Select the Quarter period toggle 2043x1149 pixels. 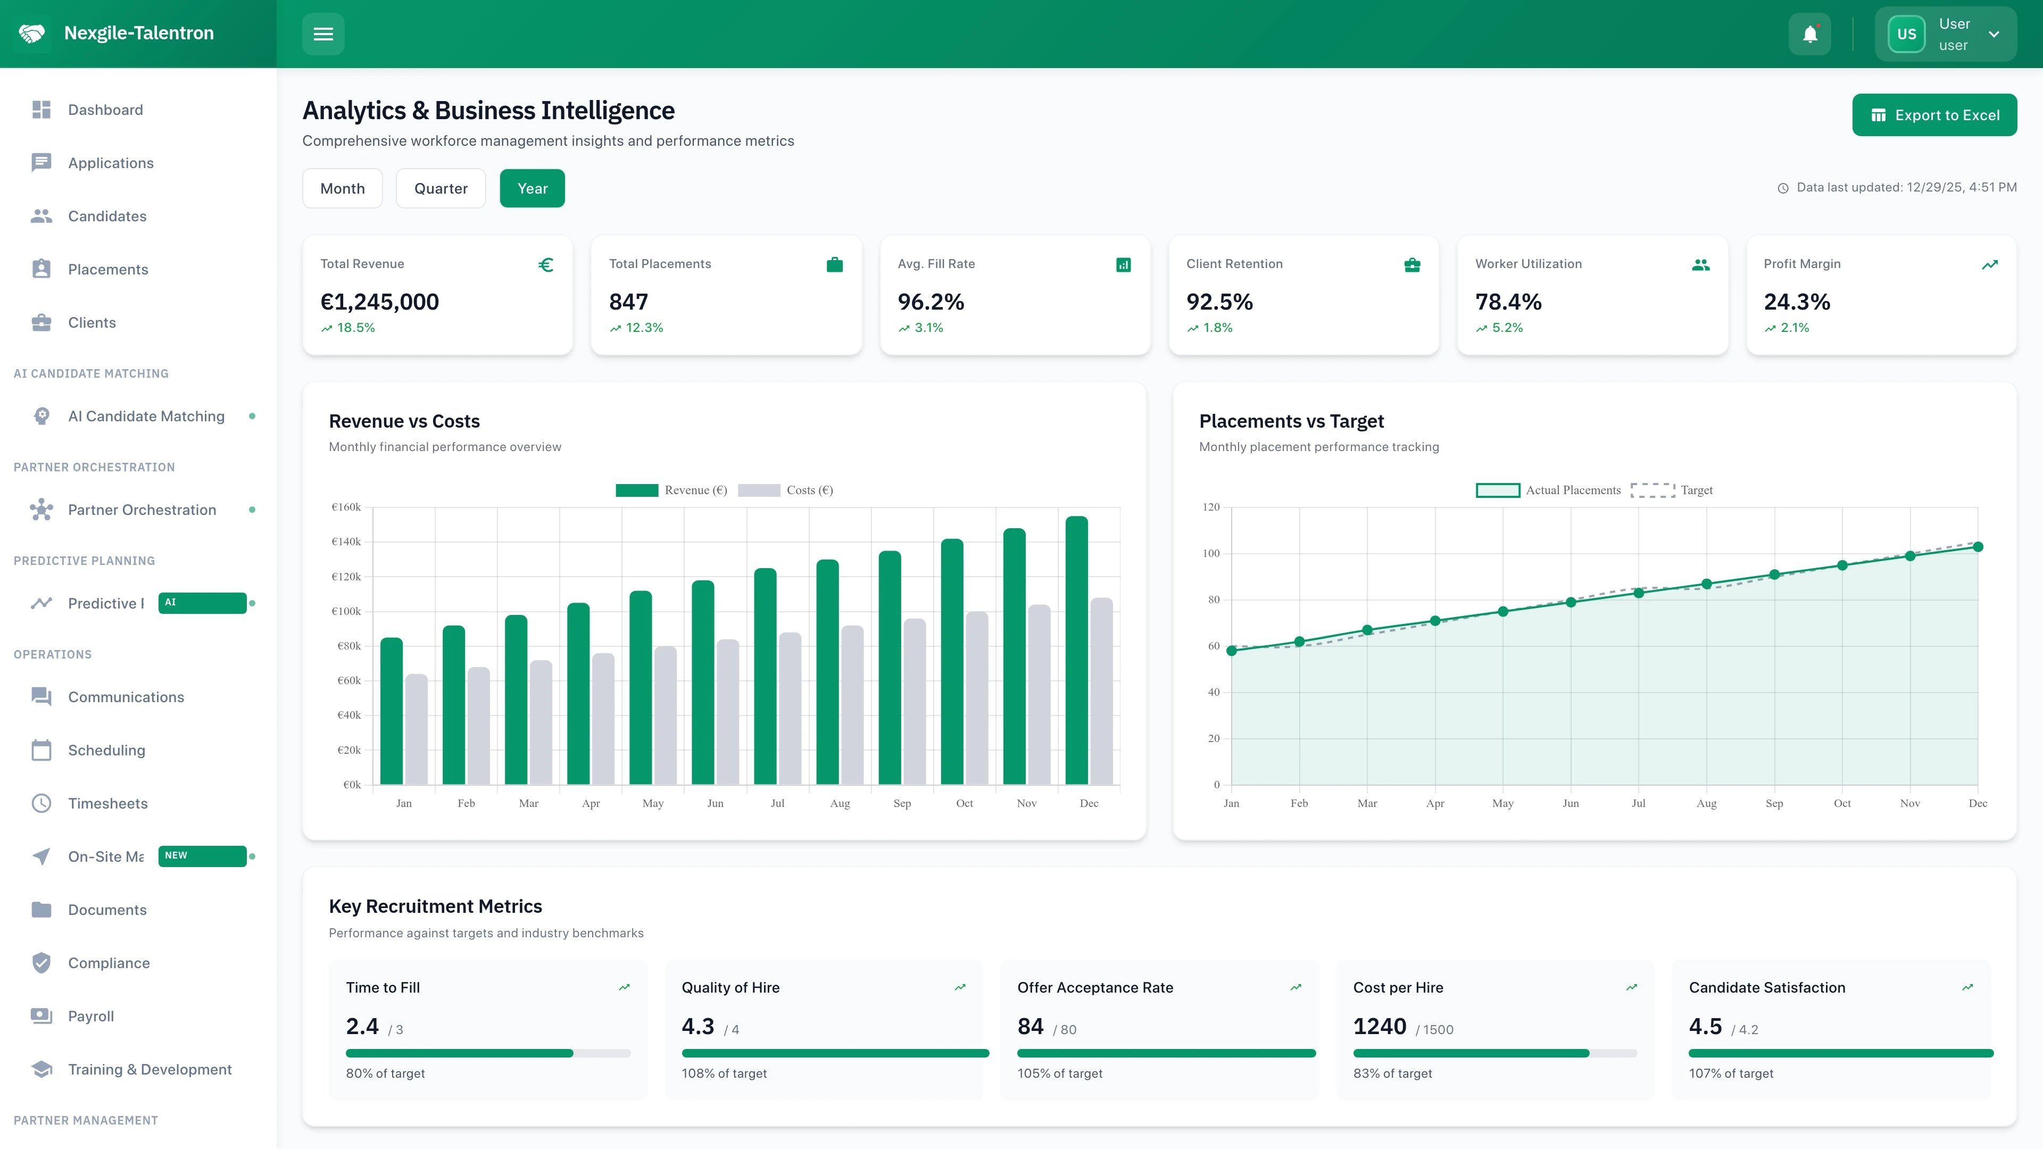[441, 189]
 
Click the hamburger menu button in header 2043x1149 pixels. [323, 34]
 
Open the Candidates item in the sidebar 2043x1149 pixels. [107, 217]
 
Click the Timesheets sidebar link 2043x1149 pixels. [108, 803]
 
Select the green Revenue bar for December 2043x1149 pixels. [1076, 650]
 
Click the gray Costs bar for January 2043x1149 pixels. [417, 729]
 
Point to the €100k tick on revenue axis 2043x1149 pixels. [346, 611]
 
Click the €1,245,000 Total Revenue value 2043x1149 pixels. [379, 302]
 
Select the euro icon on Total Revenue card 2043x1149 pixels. [546, 265]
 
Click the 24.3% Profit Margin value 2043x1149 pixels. [1796, 302]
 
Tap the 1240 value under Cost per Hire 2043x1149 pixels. [1379, 1027]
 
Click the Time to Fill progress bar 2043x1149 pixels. [488, 1053]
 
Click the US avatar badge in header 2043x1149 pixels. [1906, 34]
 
